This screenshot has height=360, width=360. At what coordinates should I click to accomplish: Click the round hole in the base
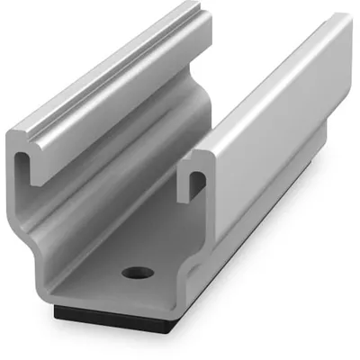[137, 271]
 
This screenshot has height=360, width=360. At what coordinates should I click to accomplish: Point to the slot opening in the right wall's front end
[197, 184]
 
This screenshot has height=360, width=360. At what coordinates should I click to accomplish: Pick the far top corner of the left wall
[195, 7]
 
